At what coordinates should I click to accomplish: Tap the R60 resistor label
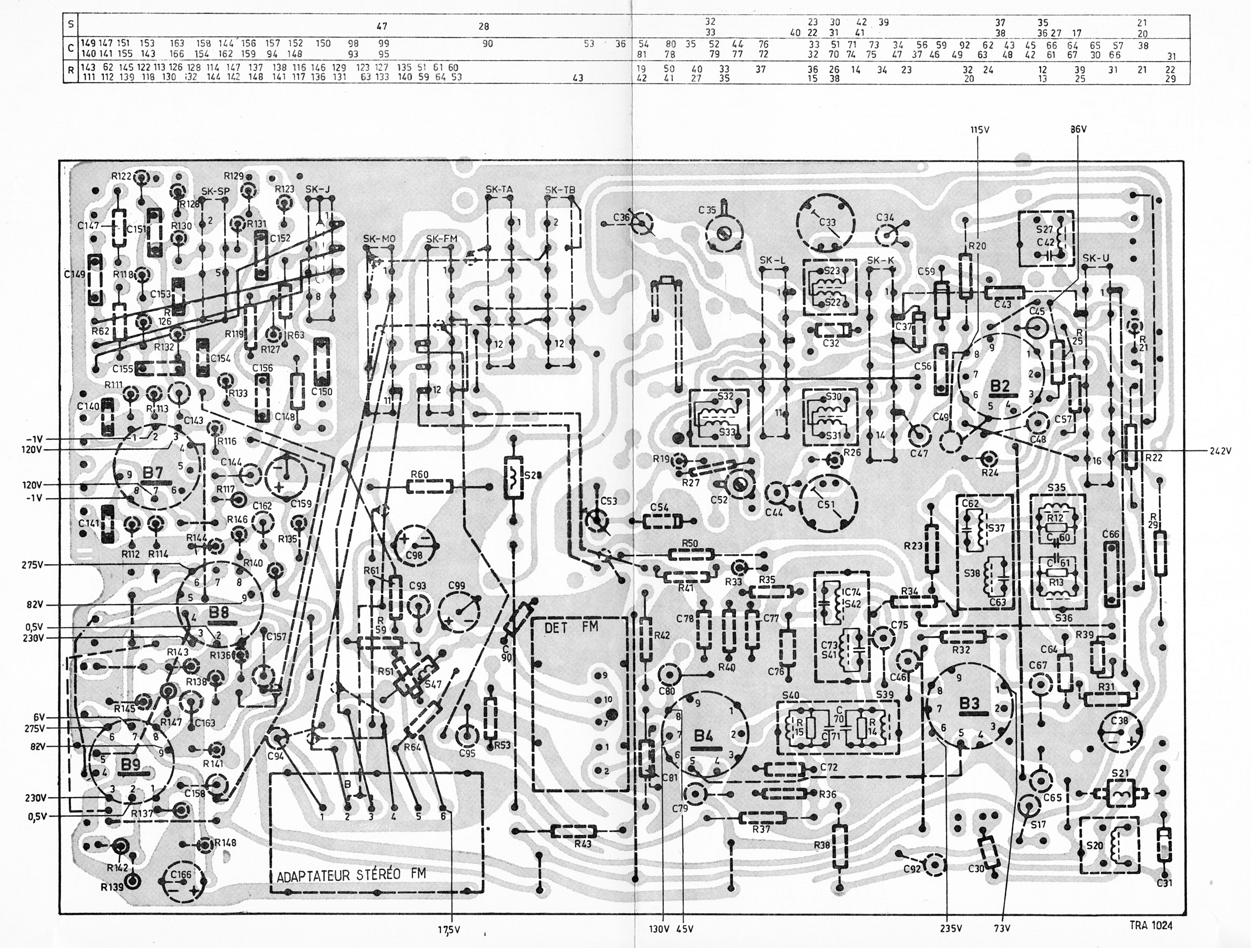tap(419, 474)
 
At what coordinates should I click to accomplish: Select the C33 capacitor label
tap(827, 223)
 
